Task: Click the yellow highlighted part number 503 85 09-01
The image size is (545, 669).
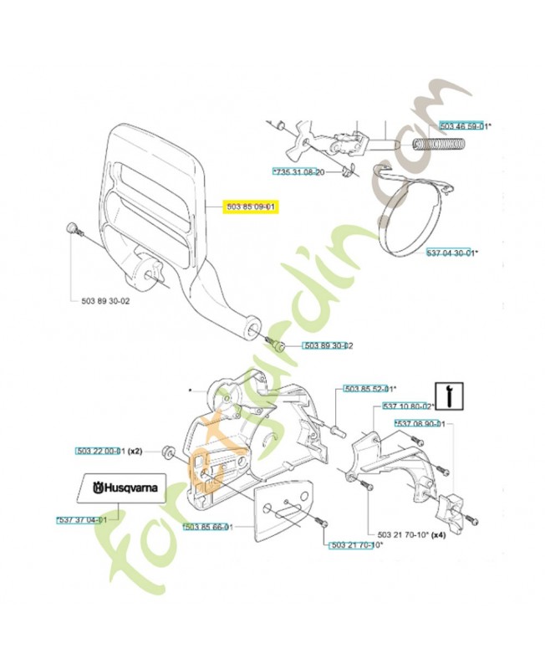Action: click(251, 207)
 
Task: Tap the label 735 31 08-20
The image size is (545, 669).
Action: click(299, 171)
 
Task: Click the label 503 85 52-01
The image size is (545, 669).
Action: click(368, 389)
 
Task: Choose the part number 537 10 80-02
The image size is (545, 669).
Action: click(407, 406)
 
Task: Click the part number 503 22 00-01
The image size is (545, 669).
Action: click(100, 451)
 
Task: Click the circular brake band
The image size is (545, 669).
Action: click(411, 217)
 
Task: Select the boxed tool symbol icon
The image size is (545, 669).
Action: click(451, 394)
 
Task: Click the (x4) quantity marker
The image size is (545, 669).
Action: click(440, 534)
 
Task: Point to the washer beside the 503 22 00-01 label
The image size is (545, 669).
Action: click(167, 452)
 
